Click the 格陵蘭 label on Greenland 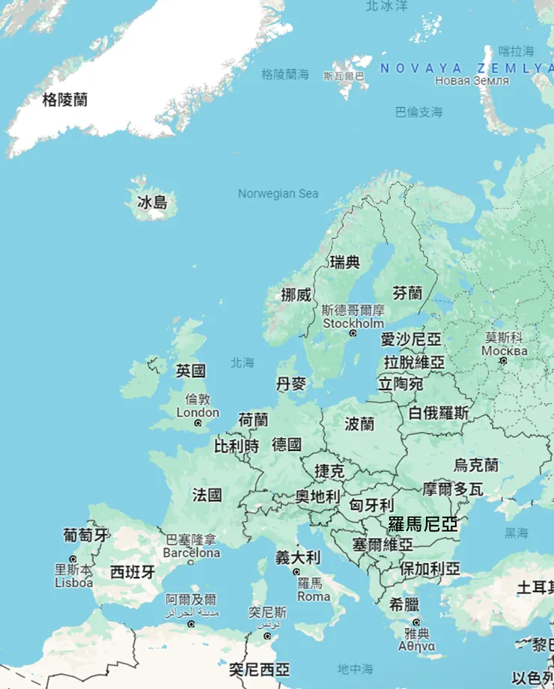[x=64, y=100]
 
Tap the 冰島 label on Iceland [x=152, y=202]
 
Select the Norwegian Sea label [x=278, y=194]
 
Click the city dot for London [x=198, y=423]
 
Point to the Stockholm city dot [x=353, y=333]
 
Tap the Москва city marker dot [x=504, y=360]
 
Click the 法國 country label [x=207, y=495]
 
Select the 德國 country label [x=287, y=445]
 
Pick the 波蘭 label [x=359, y=424]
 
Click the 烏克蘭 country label [x=476, y=465]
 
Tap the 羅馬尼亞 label [x=423, y=524]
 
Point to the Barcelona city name [x=192, y=553]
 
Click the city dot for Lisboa [x=73, y=559]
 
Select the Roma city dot [x=296, y=572]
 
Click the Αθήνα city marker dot [x=416, y=622]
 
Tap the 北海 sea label [x=243, y=362]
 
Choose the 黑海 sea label [x=516, y=533]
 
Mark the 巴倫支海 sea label [x=418, y=112]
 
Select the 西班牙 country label [x=133, y=573]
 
